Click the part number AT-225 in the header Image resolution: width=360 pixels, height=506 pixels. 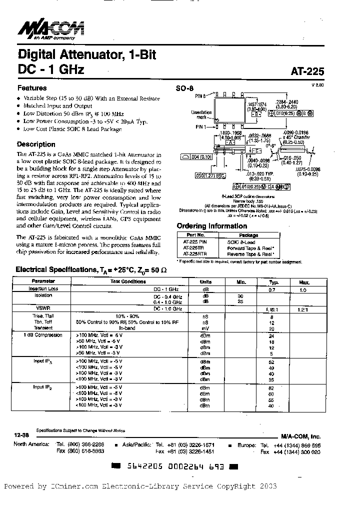point(307,71)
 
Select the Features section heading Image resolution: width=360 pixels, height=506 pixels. point(32,87)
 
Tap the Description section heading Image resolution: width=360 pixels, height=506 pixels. point(36,144)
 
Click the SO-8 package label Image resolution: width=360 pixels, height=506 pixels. point(184,88)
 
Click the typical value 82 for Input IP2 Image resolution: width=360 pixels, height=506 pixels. point(271,387)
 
